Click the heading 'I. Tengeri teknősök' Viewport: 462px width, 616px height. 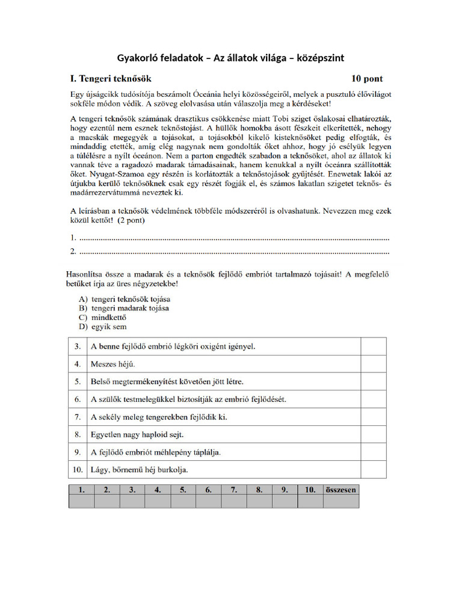pyautogui.click(x=111, y=78)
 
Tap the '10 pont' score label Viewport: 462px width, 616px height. pyautogui.click(x=366, y=78)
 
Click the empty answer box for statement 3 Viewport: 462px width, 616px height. pyautogui.click(x=373, y=346)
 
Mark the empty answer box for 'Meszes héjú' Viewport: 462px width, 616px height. pyautogui.click(x=373, y=364)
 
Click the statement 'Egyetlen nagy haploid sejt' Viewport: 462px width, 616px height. pyautogui.click(x=137, y=434)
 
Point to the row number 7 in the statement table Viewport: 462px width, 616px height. pyautogui.click(x=78, y=416)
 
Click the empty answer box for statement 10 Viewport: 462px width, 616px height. pyautogui.click(x=373, y=469)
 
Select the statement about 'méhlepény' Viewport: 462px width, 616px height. pyautogui.click(x=151, y=452)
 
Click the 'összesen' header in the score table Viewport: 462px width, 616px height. pyautogui.click(x=340, y=490)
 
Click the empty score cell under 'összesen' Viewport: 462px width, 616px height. pyautogui.click(x=340, y=501)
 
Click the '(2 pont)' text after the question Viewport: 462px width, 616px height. pyautogui.click(x=131, y=220)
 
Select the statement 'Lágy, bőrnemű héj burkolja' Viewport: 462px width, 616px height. pyautogui.click(x=143, y=469)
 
